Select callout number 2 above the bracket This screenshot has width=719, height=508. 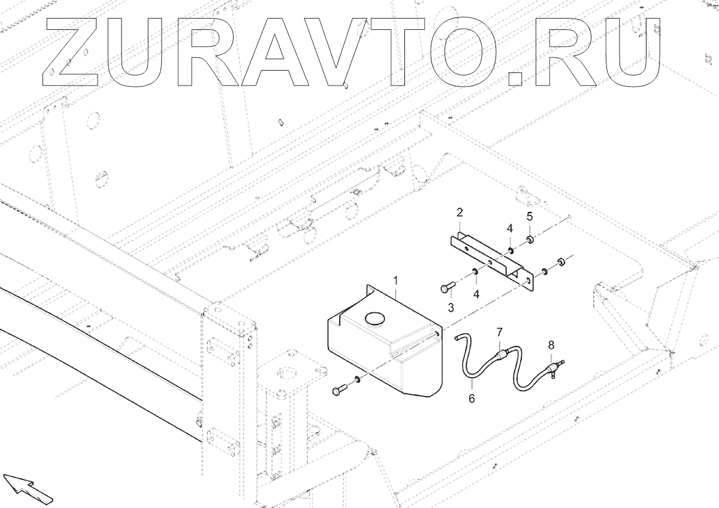click(x=460, y=212)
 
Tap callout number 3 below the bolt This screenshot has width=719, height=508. click(x=451, y=307)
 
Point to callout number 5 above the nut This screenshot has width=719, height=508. click(x=530, y=216)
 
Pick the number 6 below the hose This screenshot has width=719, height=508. click(x=472, y=398)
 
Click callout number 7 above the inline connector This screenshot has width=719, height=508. click(x=499, y=331)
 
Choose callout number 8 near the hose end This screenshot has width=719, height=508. click(x=551, y=345)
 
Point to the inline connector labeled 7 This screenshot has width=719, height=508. click(x=502, y=356)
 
